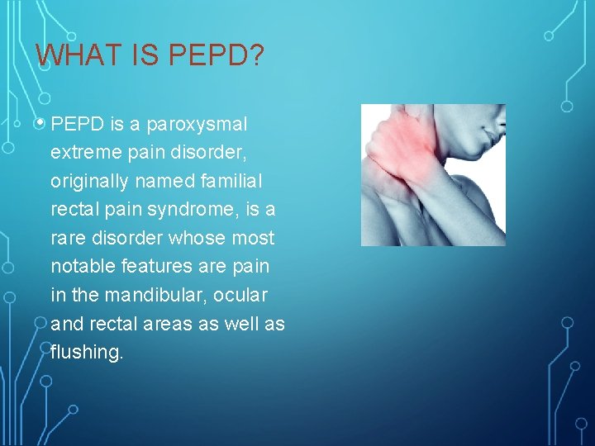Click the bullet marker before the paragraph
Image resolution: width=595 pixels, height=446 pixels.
click(43, 125)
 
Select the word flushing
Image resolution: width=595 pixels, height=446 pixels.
click(85, 352)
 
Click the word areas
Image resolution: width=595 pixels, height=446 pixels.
click(162, 323)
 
